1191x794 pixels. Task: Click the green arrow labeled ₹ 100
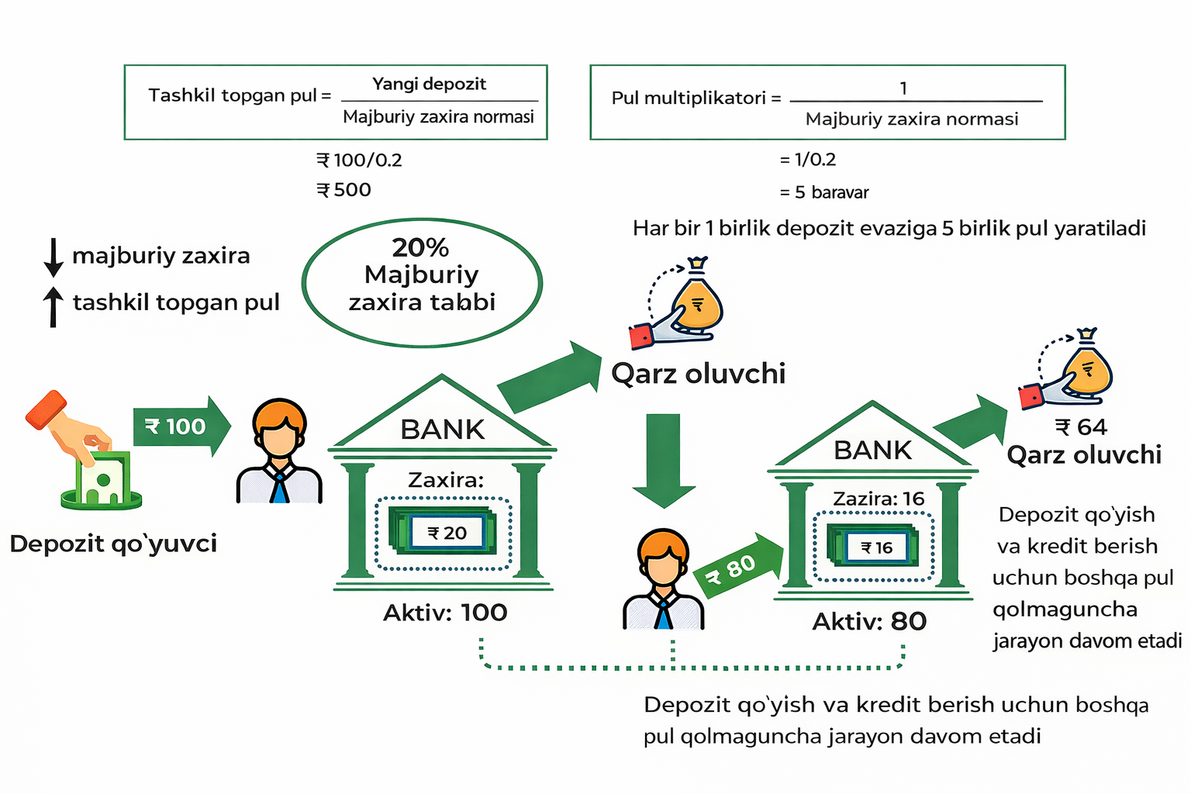[181, 426]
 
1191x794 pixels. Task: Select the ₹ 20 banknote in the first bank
[446, 533]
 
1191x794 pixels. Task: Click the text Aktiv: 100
[445, 613]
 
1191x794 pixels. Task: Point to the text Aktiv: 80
[869, 621]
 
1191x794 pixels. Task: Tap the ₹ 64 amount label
[1081, 427]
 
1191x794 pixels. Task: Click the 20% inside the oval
[420, 247]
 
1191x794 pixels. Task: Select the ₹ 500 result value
[344, 190]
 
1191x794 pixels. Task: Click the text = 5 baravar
[824, 192]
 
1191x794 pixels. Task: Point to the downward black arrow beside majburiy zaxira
[54, 257]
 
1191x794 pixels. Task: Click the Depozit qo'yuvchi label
[113, 544]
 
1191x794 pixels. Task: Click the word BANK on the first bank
[442, 429]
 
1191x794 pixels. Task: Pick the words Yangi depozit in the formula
[429, 84]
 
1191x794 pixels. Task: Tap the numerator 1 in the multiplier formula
[903, 88]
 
